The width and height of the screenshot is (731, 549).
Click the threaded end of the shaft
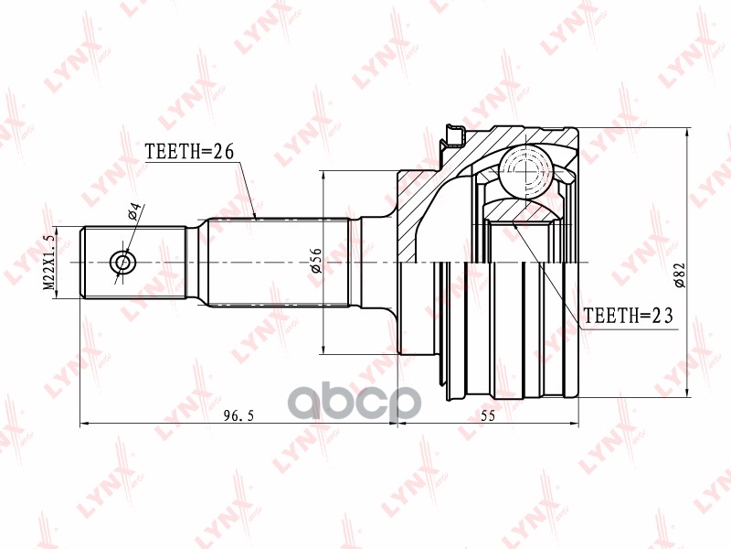pos(137,263)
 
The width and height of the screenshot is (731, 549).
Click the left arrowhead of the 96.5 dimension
pos(85,424)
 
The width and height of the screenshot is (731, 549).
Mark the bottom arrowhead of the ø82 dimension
pos(686,395)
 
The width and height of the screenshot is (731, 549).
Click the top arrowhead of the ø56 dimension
pos(324,174)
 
